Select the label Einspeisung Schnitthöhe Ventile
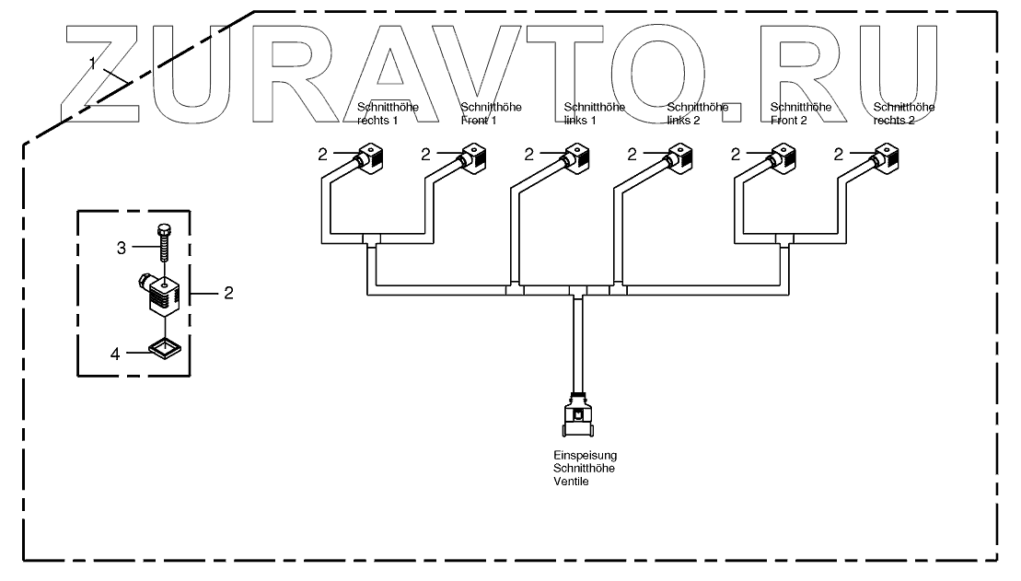click(x=578, y=468)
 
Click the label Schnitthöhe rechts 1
click(x=388, y=114)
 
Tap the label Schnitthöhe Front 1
click(x=491, y=114)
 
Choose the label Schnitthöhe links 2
click(x=697, y=114)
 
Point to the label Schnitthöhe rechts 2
click(x=904, y=114)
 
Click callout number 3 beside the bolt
click(x=121, y=247)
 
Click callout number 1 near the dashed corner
click(x=93, y=62)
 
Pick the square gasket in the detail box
click(x=162, y=348)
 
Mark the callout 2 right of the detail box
click(x=229, y=293)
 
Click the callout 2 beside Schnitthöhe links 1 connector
click(x=528, y=155)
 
